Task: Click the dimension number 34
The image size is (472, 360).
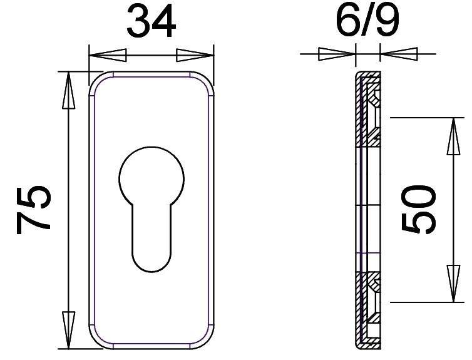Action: tap(151, 23)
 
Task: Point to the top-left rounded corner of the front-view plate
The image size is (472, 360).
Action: tap(96, 80)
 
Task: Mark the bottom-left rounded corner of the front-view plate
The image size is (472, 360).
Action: tap(96, 339)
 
